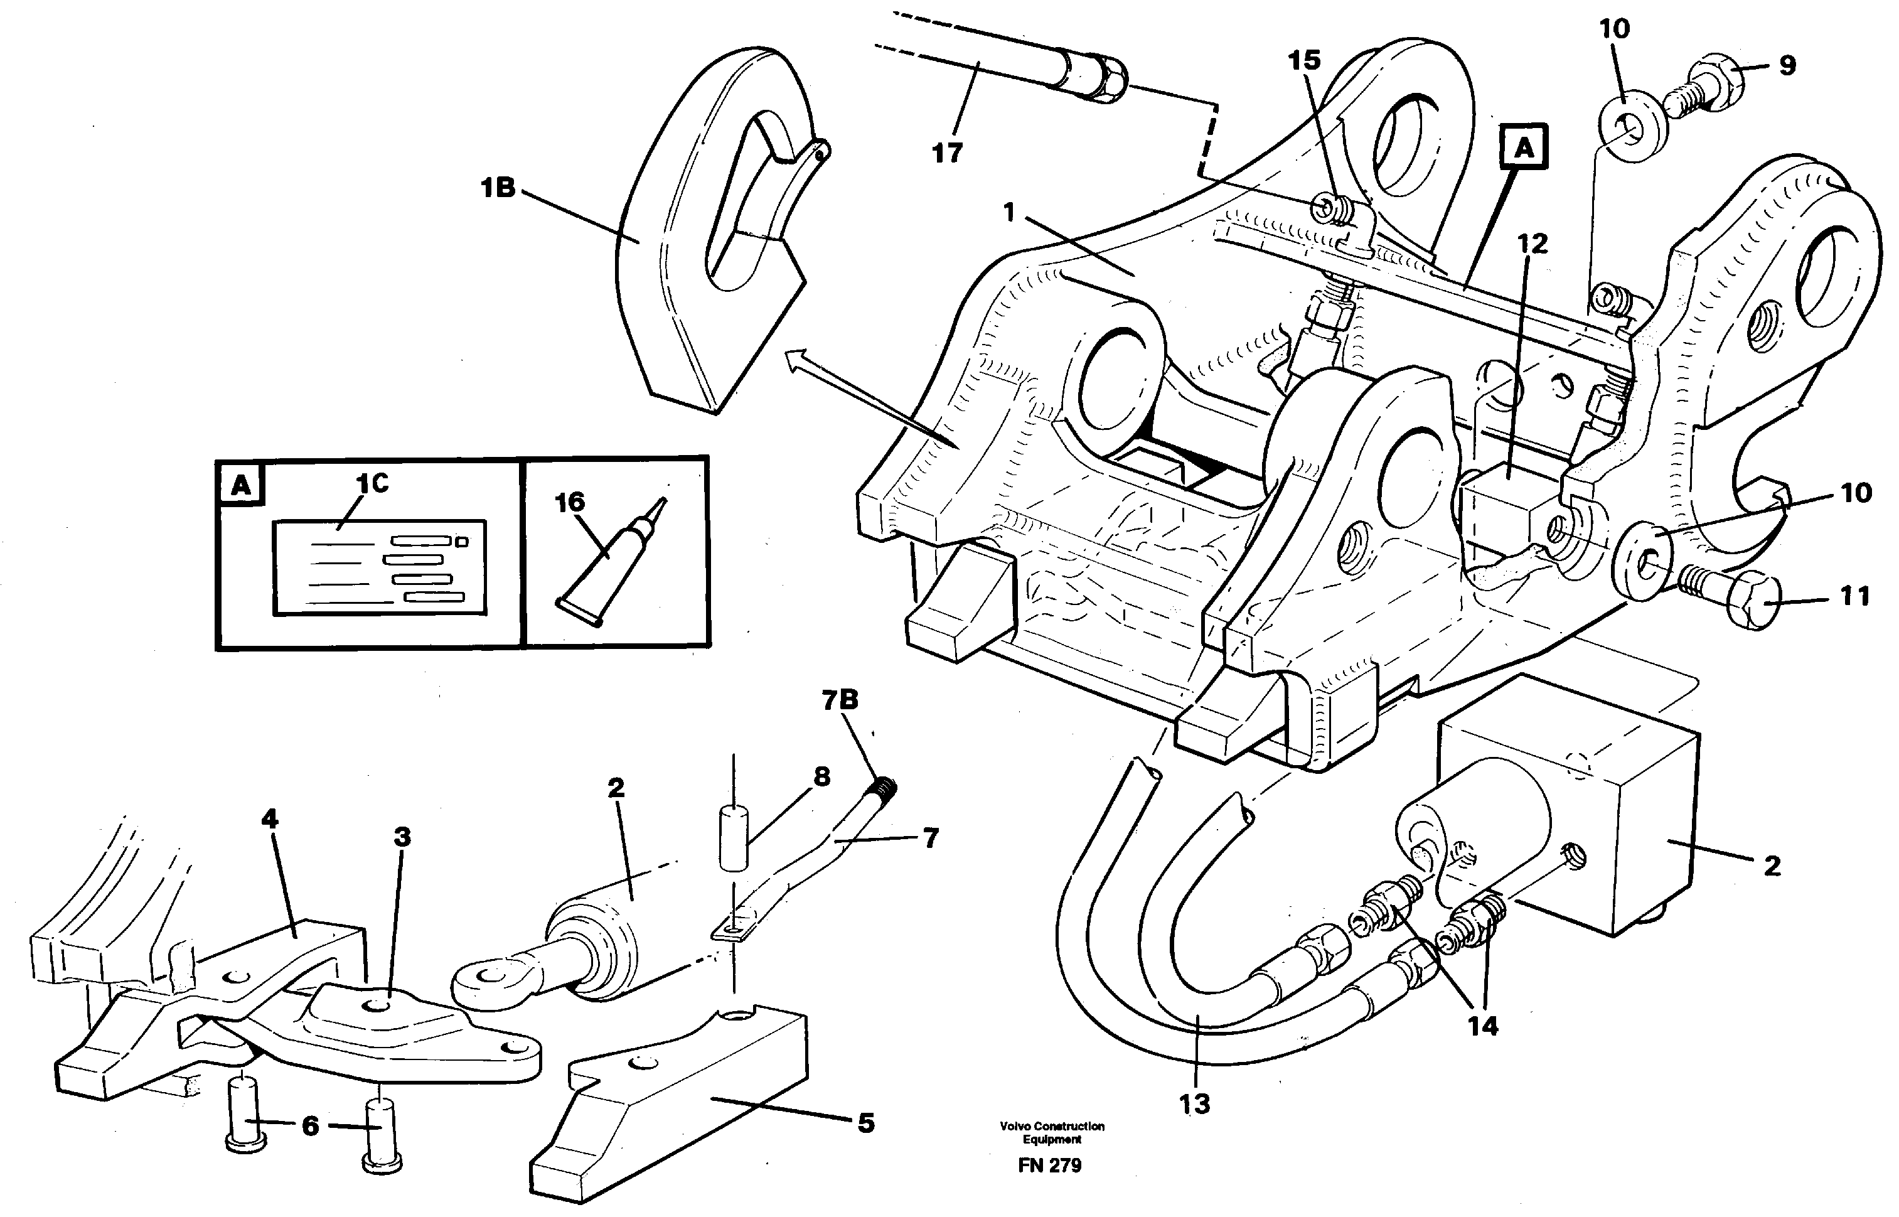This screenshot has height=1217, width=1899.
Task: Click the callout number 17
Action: click(947, 153)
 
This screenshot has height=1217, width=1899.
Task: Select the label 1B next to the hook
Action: click(498, 188)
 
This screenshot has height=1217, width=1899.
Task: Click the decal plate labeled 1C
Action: click(379, 567)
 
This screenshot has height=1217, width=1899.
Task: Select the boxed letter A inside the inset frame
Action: click(240, 485)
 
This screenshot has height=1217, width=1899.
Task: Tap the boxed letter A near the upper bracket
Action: click(1524, 147)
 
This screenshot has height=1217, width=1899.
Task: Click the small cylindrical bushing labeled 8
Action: click(734, 838)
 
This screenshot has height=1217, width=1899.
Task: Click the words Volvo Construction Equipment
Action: click(1051, 1132)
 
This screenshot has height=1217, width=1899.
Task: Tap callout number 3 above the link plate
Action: click(403, 836)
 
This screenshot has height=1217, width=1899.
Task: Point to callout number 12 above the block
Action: click(1533, 244)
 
